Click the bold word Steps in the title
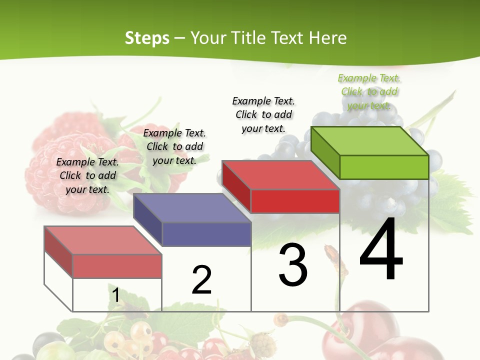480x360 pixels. point(147,38)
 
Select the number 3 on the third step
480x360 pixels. point(293,265)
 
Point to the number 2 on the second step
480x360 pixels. point(201,280)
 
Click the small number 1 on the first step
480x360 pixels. point(115,295)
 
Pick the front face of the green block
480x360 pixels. point(384,167)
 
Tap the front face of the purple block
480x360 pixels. point(206,234)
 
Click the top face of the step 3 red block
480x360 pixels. point(280,175)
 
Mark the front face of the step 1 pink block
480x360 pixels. point(117,266)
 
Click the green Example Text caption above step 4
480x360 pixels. point(369,91)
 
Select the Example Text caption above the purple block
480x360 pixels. point(174,146)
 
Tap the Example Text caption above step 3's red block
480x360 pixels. point(263,114)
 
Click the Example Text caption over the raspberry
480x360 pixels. point(87,175)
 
